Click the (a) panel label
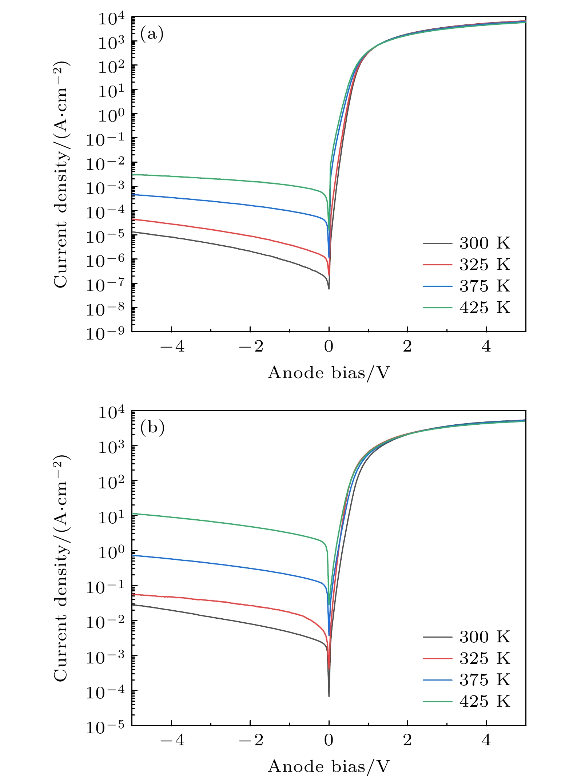tap(152, 34)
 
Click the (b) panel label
tap(152, 428)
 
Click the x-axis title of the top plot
tap(329, 373)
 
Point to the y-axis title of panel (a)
tap(61, 175)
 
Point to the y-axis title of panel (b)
tap(61, 568)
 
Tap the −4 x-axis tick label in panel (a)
tap(172, 347)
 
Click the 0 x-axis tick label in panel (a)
tap(329, 347)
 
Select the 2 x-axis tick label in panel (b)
tap(407, 740)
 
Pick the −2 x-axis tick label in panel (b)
tap(250, 740)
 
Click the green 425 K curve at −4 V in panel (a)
tap(172, 176)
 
